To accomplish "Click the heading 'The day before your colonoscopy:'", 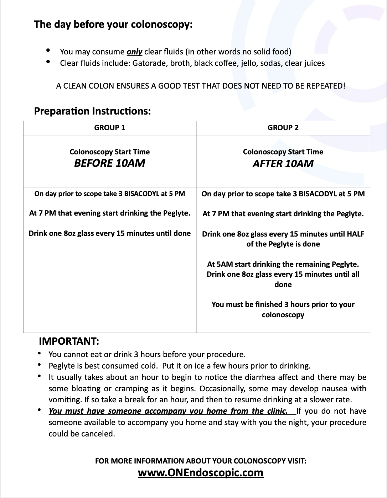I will [x=113, y=25].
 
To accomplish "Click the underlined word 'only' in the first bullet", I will [x=134, y=52].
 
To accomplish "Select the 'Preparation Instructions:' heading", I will [x=92, y=111].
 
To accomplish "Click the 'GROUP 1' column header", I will [x=109, y=128].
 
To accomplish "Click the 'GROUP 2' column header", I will [x=283, y=128].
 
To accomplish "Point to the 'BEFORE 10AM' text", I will [x=109, y=163].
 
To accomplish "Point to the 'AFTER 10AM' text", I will [x=283, y=164].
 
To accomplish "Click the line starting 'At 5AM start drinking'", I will [x=283, y=264].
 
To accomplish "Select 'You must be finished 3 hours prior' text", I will [x=283, y=304].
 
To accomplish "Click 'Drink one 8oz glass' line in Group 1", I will [x=109, y=233].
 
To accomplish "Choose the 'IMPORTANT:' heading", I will [x=68, y=341].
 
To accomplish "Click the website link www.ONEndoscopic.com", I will [x=201, y=473].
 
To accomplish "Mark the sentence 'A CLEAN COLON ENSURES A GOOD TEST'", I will [x=201, y=86].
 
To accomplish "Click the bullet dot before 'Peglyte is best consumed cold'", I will [x=39, y=365].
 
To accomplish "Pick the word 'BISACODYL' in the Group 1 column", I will [x=141, y=194].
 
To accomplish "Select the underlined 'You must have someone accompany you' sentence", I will [x=168, y=411].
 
